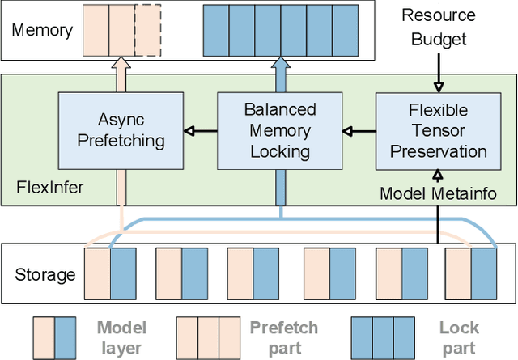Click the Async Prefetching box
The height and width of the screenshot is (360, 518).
click(121, 129)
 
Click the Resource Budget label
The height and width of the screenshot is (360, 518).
click(439, 28)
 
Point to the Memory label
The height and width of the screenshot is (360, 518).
click(42, 31)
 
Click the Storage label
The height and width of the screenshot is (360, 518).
click(45, 274)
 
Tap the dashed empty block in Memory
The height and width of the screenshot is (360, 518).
click(146, 31)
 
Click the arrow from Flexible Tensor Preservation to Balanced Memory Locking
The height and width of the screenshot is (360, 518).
click(359, 129)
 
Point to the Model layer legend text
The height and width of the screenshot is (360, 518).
click(121, 337)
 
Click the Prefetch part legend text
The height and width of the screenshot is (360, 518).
click(283, 337)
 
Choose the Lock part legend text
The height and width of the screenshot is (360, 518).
click(459, 337)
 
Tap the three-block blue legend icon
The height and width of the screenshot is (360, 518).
click(383, 337)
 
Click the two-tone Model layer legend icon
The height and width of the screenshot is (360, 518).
click(54, 337)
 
